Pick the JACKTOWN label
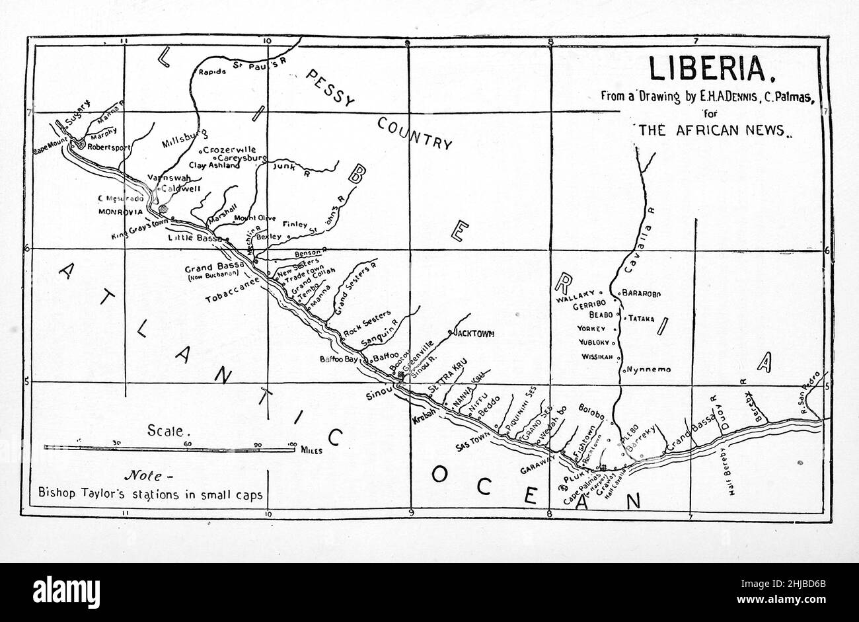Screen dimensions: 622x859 click(474, 333)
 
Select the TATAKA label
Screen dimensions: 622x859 click(641, 318)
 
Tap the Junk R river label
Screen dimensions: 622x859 click(291, 170)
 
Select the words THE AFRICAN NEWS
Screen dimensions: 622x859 click(711, 130)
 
